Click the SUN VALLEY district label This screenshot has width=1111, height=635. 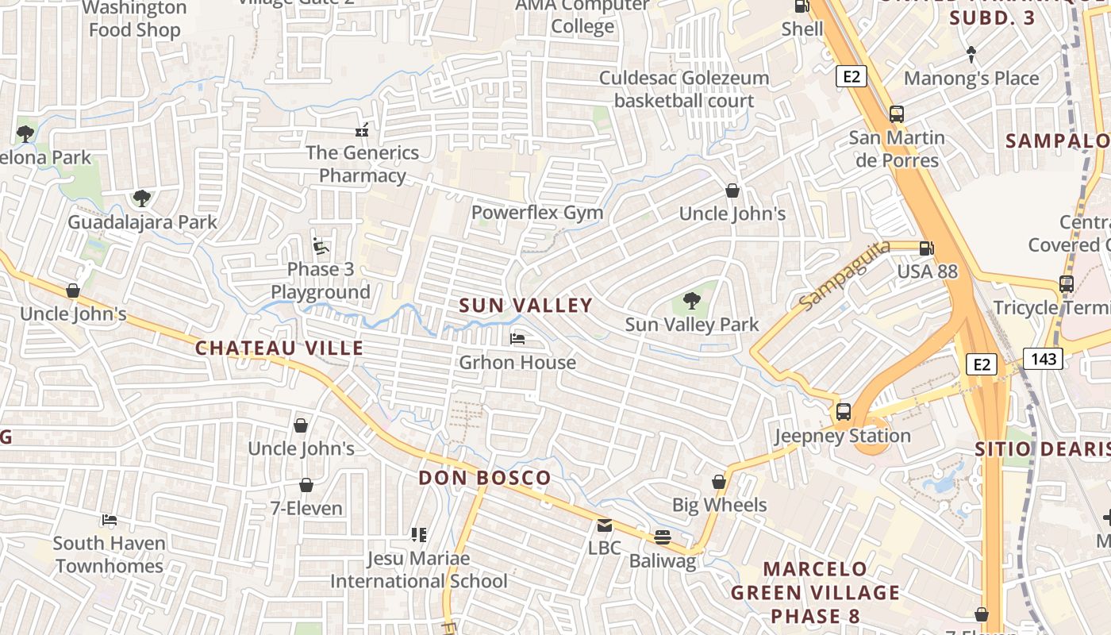525,306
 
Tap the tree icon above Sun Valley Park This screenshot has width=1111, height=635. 692,301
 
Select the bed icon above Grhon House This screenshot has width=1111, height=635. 517,339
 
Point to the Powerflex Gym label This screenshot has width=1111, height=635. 537,213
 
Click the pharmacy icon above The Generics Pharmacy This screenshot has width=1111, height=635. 362,129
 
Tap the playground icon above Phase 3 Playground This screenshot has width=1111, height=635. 321,246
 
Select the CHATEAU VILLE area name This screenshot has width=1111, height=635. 279,348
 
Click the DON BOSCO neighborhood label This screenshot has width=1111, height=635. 484,478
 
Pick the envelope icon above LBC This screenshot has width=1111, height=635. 605,525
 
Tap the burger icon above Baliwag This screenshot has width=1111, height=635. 663,537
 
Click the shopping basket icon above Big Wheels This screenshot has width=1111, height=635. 719,482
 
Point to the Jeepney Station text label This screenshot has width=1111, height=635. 843,436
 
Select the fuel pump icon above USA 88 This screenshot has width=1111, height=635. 926,248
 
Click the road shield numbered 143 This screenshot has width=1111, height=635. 1043,359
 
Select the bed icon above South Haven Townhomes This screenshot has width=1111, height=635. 110,521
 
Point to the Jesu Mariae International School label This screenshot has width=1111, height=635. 418,570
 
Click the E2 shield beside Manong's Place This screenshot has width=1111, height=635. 851,76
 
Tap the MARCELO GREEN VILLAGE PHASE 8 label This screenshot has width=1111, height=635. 815,592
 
